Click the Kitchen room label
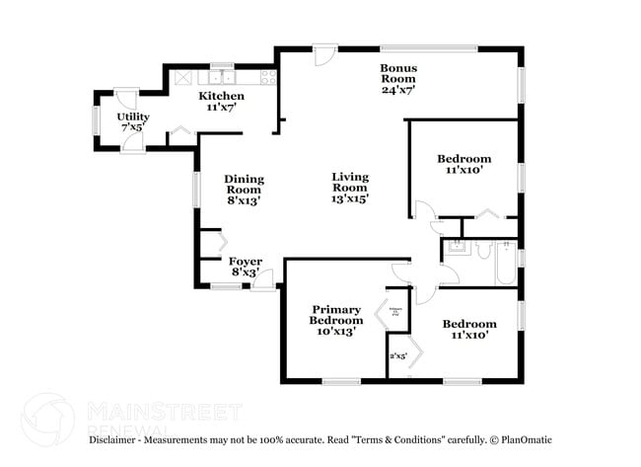(222, 101)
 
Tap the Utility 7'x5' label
(133, 121)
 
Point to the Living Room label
(349, 188)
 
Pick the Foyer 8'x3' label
(246, 267)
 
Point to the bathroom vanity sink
(455, 248)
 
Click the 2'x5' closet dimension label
(398, 356)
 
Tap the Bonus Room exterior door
(322, 56)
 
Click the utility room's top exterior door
(125, 100)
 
